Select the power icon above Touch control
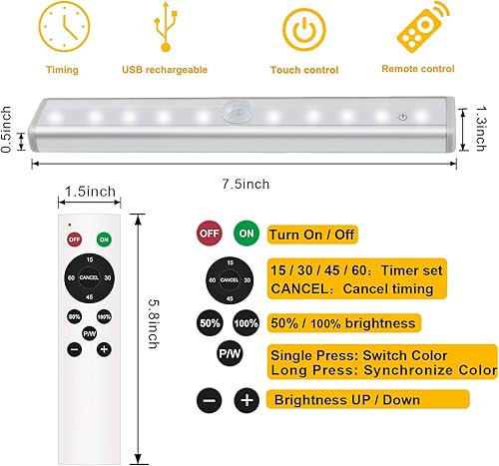pos(304,31)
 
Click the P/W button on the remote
pos(89,333)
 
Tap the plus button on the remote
pos(103,350)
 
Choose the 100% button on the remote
pos(103,316)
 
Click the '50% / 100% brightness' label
pos(343,323)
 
